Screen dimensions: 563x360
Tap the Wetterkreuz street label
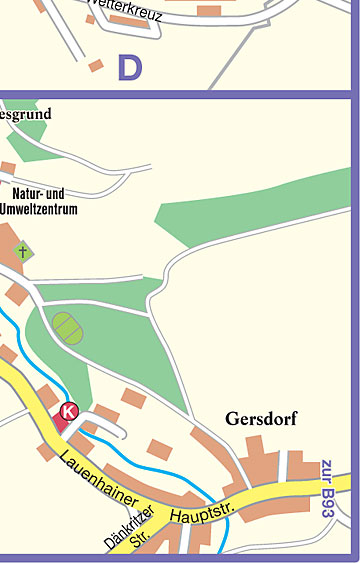point(125,12)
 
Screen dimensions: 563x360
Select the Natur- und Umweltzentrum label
point(45,202)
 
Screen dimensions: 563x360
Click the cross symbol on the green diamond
point(22,250)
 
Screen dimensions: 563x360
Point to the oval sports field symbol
point(66,327)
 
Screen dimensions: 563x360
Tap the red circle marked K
point(68,410)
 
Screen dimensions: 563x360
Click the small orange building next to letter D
point(95,65)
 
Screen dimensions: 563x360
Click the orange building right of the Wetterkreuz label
point(209,11)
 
